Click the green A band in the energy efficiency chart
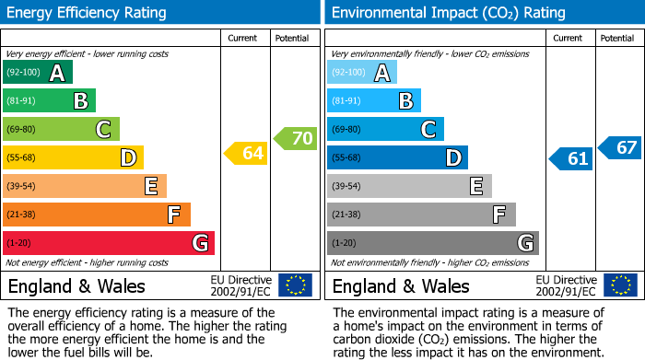37,73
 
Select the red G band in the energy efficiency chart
108,243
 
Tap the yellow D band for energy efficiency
73,158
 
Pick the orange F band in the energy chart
96,215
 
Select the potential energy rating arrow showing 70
296,139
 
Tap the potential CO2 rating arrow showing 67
620,147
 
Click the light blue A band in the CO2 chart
362,73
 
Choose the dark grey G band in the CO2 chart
432,243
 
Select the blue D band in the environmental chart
397,158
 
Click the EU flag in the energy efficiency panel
295,285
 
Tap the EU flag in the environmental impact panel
620,285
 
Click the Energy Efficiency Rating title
88,13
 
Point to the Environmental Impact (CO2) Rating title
447,13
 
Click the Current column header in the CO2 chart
569,38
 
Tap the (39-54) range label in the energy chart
21,187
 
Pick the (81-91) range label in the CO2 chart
346,101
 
